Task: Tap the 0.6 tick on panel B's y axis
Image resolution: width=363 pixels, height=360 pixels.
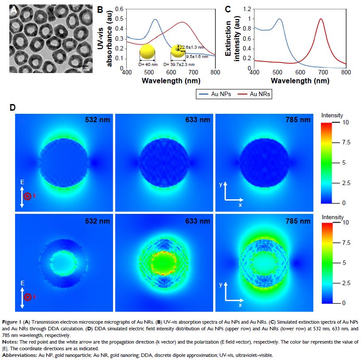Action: point(119,9)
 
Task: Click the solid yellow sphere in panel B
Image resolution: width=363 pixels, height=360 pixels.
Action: point(147,52)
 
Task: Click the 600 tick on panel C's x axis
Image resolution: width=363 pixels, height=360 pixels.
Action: point(301,72)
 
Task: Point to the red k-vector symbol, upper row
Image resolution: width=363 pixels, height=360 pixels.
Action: point(27,196)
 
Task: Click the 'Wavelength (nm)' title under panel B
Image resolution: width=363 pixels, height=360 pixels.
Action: point(171,81)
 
